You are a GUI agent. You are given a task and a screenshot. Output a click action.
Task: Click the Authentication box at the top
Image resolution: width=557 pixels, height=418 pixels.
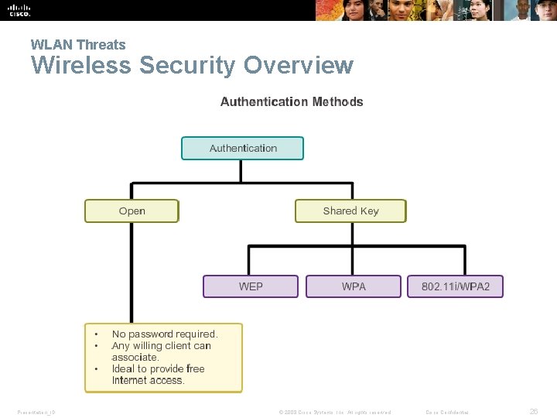tap(242, 148)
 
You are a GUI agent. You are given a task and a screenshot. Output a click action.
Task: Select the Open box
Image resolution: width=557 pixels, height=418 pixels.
tap(132, 211)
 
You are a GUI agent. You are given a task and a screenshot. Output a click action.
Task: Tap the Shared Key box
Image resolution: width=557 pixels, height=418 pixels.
tap(350, 211)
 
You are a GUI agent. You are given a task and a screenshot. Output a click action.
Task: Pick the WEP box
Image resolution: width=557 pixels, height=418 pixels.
tap(251, 286)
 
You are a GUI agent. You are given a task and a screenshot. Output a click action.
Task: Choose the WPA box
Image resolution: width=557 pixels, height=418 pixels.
tap(354, 286)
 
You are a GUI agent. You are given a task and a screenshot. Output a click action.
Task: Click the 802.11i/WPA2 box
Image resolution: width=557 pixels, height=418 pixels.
tap(455, 286)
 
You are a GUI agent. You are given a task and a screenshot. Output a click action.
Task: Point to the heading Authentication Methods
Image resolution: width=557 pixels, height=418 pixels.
tap(292, 101)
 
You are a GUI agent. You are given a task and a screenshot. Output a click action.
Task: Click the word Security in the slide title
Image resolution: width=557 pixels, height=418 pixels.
tap(188, 66)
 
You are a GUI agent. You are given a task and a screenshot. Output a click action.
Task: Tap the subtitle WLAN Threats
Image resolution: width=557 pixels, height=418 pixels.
tap(77, 45)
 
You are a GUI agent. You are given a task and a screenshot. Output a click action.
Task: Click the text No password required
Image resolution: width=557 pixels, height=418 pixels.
tap(165, 334)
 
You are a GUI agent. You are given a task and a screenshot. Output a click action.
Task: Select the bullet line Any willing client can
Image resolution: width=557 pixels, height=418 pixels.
tap(161, 346)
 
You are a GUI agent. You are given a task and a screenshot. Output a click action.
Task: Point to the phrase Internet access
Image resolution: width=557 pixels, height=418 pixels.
tap(148, 380)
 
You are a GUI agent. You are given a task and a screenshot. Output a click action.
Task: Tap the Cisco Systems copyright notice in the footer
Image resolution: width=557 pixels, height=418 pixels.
tap(334, 412)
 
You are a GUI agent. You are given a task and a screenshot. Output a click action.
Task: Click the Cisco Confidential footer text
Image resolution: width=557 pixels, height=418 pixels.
tap(447, 412)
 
